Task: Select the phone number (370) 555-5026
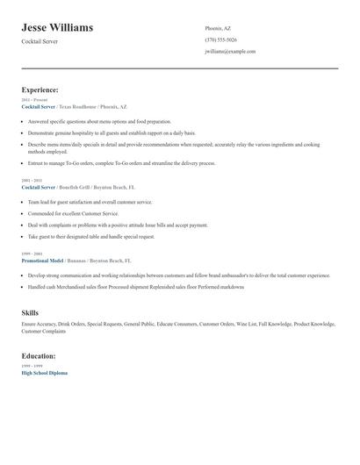coord(220,39)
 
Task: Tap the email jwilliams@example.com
coord(230,52)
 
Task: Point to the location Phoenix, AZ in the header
coord(219,28)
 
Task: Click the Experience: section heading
coord(40,89)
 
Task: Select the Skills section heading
coord(30,312)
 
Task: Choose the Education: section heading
coord(39,356)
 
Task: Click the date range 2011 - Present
coord(34,100)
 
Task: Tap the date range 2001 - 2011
coord(32,181)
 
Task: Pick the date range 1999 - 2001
coord(32,254)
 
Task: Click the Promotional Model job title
coord(44,261)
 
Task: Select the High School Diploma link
coord(44,373)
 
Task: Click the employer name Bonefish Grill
coord(76,187)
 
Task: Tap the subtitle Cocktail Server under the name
coord(40,41)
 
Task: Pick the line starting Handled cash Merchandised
coord(136,287)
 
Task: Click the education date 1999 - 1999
coord(32,367)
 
